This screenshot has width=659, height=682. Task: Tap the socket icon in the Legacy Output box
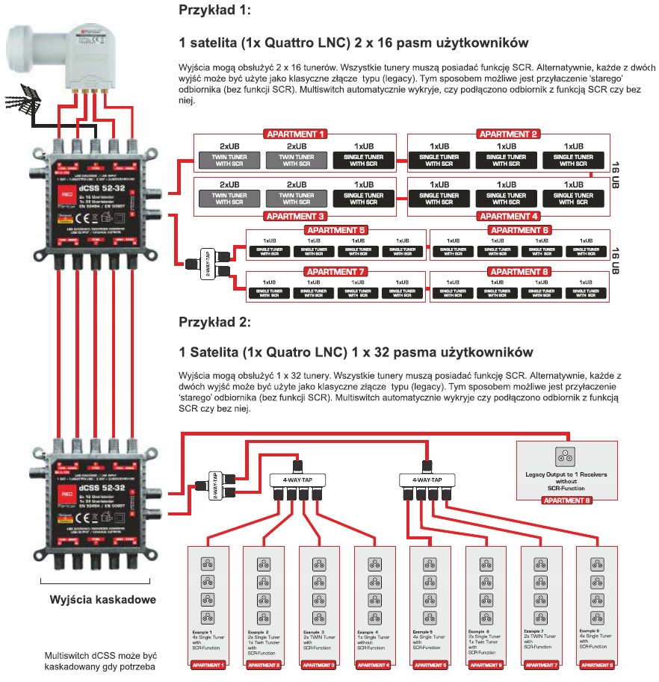(567, 456)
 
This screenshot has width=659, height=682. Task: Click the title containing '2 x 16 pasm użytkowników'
(354, 41)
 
